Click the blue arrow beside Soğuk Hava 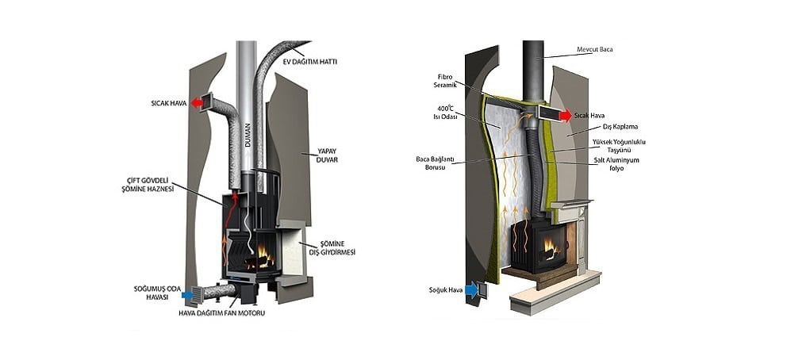point(473,290)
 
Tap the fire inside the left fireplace point(259,255)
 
